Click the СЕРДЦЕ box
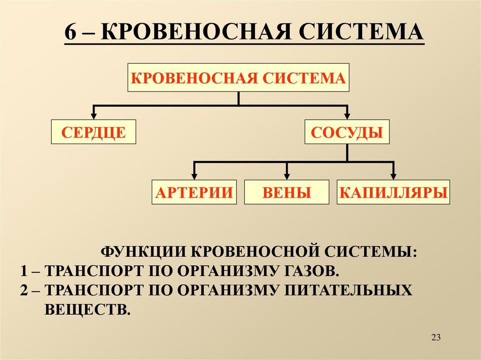tap(93, 132)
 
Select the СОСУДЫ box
tap(347, 132)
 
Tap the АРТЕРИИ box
tap(194, 192)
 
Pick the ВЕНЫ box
tap(287, 192)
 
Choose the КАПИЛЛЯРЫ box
tap(393, 192)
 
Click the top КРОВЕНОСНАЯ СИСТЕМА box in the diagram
tap(238, 77)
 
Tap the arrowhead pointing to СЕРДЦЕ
tap(93, 116)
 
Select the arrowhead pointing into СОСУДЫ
tap(348, 116)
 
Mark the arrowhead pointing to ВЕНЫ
tap(287, 175)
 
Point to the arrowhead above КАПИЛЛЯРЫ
tap(394, 175)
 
